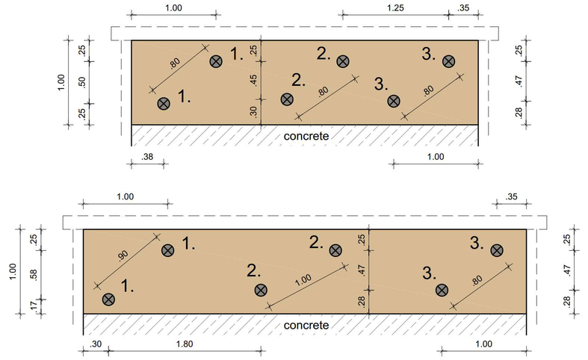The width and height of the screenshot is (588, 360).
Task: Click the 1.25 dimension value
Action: click(395, 8)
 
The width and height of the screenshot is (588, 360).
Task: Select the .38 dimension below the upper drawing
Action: click(147, 157)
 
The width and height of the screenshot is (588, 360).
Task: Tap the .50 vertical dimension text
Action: click(82, 82)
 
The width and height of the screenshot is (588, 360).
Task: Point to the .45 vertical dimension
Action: click(253, 81)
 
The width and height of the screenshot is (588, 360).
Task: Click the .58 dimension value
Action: click(34, 275)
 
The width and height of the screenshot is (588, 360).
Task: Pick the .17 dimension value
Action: click(34, 306)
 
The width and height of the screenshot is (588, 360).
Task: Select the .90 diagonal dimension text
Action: click(123, 255)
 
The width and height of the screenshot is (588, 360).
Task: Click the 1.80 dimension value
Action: click(185, 344)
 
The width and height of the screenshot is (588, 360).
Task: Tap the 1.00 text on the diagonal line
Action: click(303, 280)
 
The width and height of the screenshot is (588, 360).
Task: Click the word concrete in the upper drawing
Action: click(306, 136)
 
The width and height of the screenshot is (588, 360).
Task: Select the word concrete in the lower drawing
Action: click(306, 325)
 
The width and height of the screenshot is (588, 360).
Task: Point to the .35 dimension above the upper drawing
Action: click(463, 8)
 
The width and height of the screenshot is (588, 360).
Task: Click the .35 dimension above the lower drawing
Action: click(511, 197)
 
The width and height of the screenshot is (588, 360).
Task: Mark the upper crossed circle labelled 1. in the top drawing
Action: click(216, 61)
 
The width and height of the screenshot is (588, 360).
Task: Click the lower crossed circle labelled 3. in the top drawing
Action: click(394, 101)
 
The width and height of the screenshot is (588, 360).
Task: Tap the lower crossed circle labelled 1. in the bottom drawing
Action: click(108, 300)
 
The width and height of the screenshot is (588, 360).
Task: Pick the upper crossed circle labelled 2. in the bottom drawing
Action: click(335, 250)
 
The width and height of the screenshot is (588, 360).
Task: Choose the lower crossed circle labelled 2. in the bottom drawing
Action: click(261, 290)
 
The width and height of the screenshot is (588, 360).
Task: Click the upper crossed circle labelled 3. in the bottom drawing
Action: click(497, 250)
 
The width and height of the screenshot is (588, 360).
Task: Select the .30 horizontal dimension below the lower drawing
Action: click(96, 344)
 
